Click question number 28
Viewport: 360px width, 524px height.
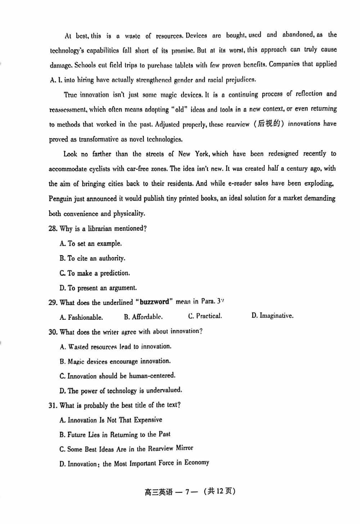click(x=53, y=229)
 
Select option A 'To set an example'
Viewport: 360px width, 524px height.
click(x=91, y=243)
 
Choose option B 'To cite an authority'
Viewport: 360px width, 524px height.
click(x=93, y=258)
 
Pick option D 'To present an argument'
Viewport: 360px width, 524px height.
click(x=98, y=288)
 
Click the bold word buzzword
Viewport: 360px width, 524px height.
click(x=154, y=302)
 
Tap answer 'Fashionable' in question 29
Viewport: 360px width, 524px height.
click(x=81, y=317)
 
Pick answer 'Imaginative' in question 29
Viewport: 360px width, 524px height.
click(x=273, y=316)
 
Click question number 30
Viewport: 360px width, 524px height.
click(x=53, y=332)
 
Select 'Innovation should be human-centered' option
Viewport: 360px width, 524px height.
click(x=118, y=376)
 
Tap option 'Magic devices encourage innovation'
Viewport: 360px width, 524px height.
click(x=115, y=361)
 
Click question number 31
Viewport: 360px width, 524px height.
click(x=53, y=406)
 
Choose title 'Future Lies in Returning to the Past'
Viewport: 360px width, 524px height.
click(x=115, y=435)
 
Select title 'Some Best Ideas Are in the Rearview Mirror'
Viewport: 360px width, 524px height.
click(x=126, y=449)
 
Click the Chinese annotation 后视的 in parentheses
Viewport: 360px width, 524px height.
click(x=269, y=124)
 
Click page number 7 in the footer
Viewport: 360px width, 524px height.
click(x=187, y=492)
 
